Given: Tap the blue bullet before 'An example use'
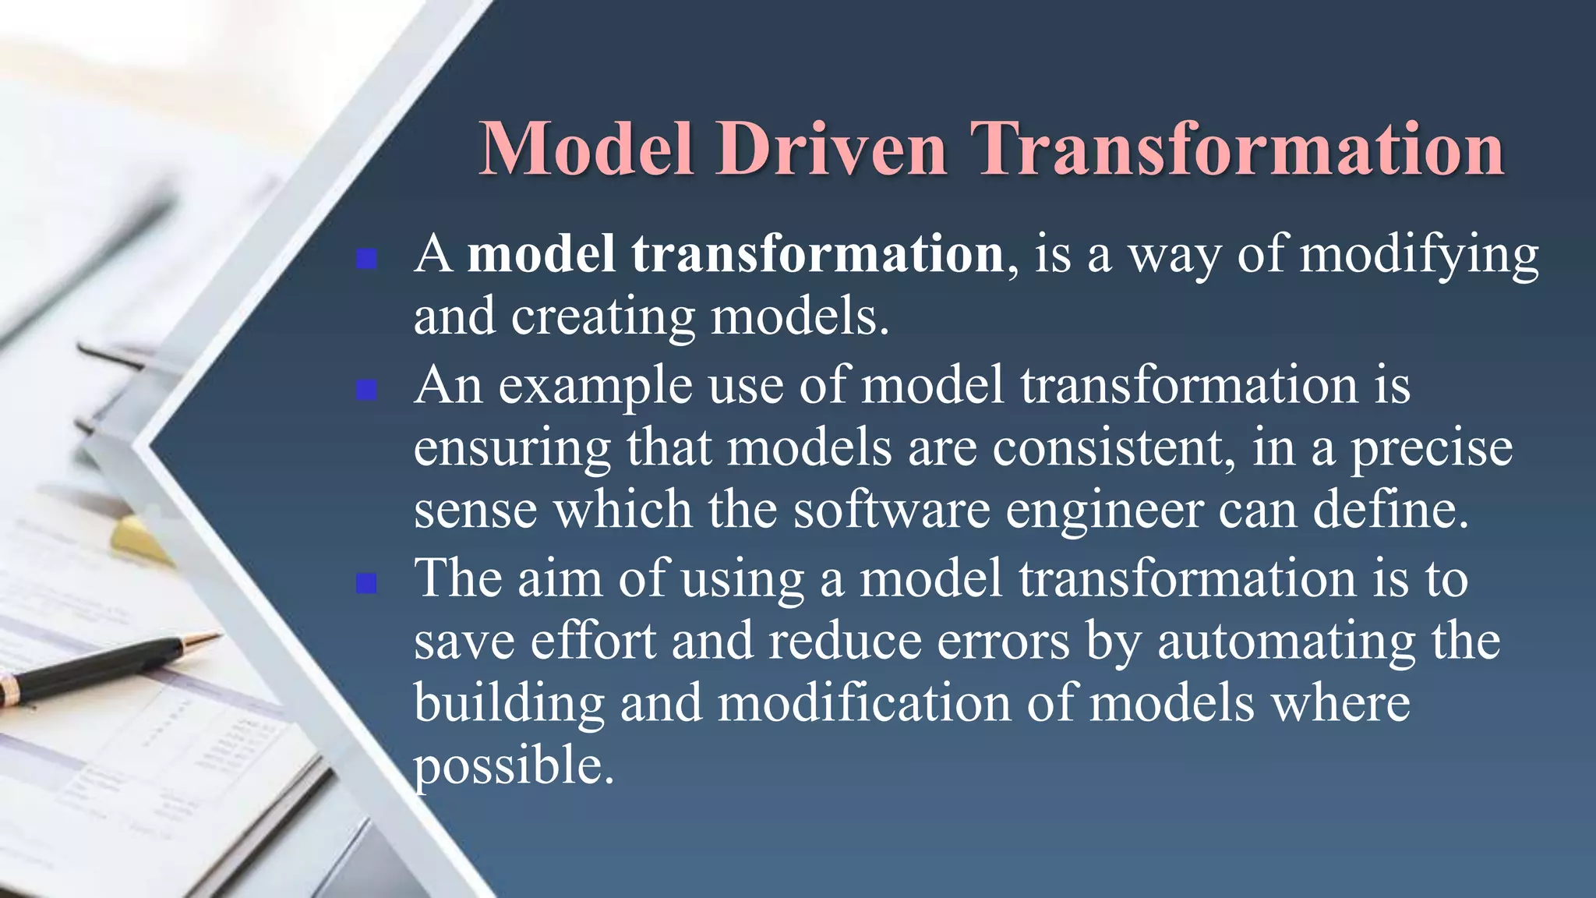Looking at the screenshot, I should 366,389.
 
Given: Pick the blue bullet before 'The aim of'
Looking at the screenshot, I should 366,582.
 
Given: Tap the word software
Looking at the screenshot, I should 892,510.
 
